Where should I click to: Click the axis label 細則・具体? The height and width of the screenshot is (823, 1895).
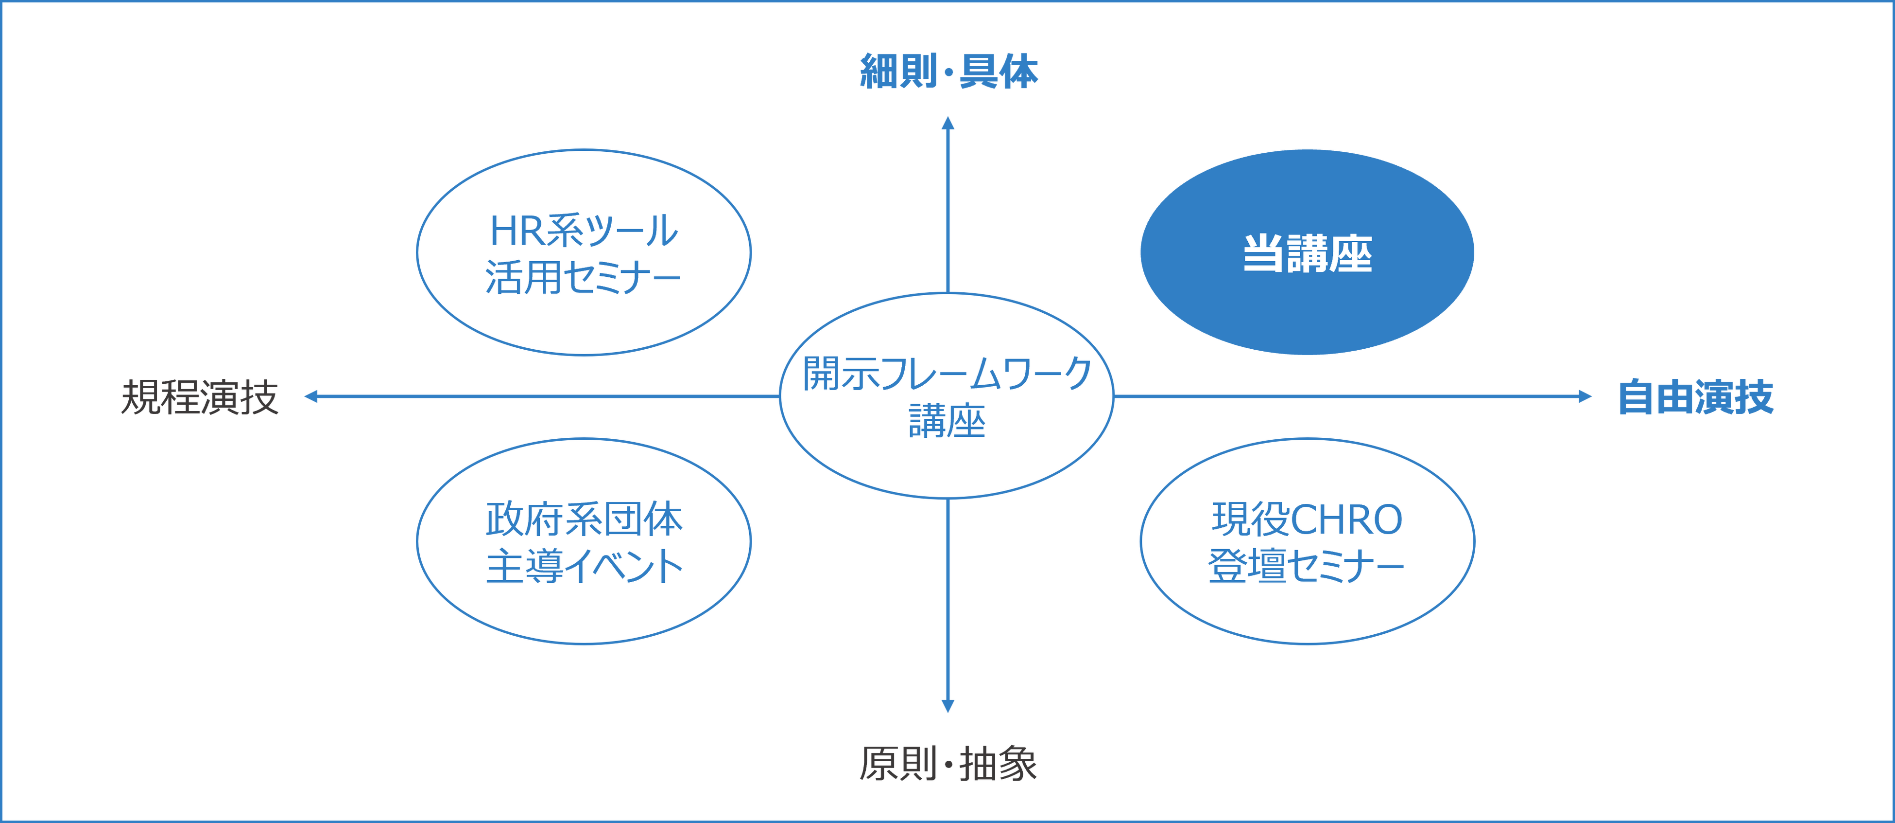(948, 72)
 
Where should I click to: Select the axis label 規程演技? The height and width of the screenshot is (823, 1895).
(200, 397)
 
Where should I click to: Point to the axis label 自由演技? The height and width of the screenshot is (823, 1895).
(1696, 397)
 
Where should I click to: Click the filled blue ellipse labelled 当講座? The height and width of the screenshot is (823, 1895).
(1307, 252)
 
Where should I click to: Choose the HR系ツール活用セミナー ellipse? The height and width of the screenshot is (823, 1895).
(584, 252)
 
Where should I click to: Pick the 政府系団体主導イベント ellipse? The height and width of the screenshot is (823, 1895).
(584, 542)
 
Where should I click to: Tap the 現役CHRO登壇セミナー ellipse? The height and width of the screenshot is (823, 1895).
(1307, 542)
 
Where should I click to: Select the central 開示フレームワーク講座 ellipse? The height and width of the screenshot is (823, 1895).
(947, 396)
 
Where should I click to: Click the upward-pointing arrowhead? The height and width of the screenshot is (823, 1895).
(948, 122)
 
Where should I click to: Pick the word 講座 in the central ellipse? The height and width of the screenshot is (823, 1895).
(947, 422)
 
